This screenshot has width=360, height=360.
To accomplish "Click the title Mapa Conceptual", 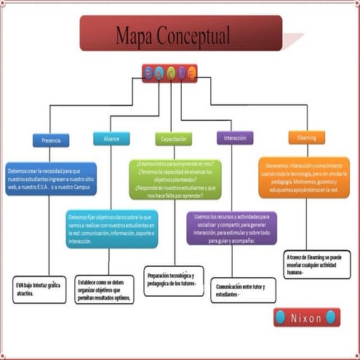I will (172, 34).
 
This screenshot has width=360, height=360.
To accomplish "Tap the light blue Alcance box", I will (111, 139).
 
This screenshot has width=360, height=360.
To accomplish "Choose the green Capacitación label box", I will (174, 139).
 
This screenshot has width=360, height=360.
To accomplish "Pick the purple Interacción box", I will (235, 138).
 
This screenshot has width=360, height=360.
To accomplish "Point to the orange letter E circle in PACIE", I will (192, 73).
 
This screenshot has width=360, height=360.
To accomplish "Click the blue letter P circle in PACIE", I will (149, 73).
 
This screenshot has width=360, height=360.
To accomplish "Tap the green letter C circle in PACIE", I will (171, 73).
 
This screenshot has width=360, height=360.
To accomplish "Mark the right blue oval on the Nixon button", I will (332, 317).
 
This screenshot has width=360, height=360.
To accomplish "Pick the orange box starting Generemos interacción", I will (303, 177).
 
